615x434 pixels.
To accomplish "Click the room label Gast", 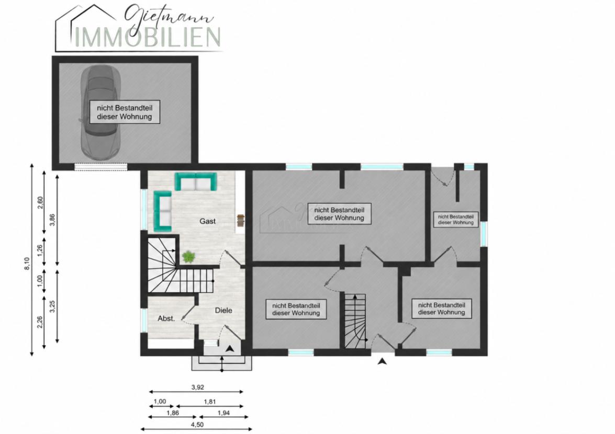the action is click(207, 221).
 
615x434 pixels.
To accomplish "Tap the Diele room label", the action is click(223, 310).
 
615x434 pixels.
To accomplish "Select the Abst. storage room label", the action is click(166, 318).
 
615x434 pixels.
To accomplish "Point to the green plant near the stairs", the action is click(188, 257).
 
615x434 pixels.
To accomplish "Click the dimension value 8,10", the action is click(27, 263).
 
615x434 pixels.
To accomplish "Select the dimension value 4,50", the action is click(197, 424).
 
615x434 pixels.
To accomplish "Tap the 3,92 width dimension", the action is click(198, 387).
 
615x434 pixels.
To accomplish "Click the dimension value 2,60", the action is click(40, 202).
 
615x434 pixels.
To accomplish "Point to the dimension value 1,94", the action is click(223, 413).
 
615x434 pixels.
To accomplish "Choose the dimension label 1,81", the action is click(210, 402).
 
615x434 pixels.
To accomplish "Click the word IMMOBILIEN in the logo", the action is click(148, 37).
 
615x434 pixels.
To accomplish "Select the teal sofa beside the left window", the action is click(163, 211).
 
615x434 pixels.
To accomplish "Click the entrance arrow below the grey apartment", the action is click(383, 361).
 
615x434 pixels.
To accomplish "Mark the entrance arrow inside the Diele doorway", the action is click(230, 348).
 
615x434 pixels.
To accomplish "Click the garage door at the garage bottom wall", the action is click(101, 167).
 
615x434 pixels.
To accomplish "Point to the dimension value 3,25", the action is click(52, 306).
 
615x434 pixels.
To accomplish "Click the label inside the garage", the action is click(125, 112).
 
